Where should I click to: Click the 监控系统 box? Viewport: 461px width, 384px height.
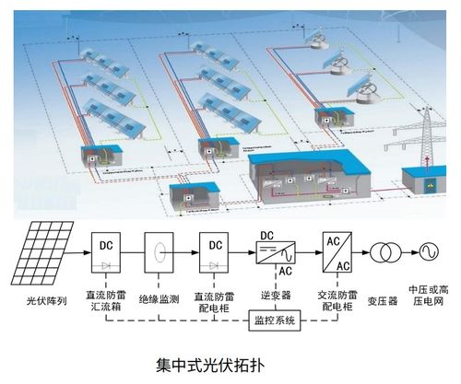(x=273, y=321)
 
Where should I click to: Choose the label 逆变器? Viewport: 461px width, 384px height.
(x=275, y=296)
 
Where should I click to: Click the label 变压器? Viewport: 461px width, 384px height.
(x=380, y=300)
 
